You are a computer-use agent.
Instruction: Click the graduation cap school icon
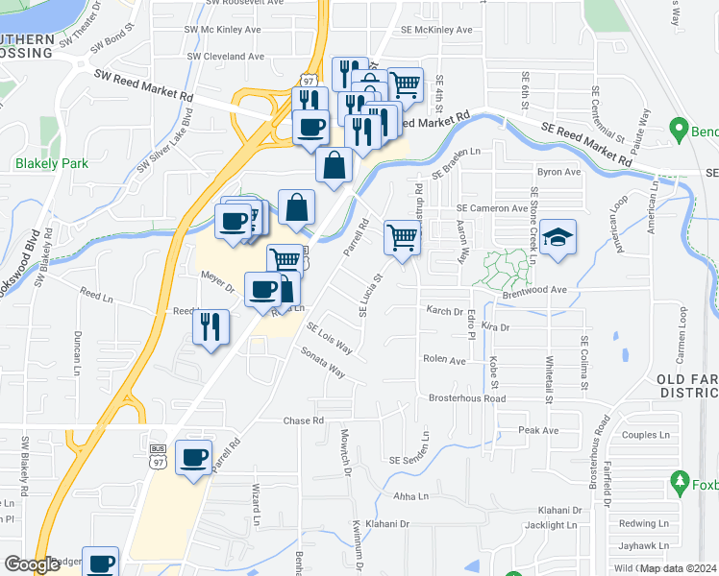coord(557,238)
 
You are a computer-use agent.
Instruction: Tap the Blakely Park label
coord(52,163)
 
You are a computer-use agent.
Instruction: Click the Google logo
coord(33,564)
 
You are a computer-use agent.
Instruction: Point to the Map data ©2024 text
coord(678,567)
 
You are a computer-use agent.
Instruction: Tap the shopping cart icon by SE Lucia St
coord(403,236)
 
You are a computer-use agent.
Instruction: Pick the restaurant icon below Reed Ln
coord(211,326)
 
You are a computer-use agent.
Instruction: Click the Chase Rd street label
coord(304,420)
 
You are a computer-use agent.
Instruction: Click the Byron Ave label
coord(559,173)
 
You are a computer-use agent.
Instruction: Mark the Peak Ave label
coord(538,430)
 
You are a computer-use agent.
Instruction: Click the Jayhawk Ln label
coord(643,545)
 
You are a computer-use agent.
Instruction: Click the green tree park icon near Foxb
coord(679,480)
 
